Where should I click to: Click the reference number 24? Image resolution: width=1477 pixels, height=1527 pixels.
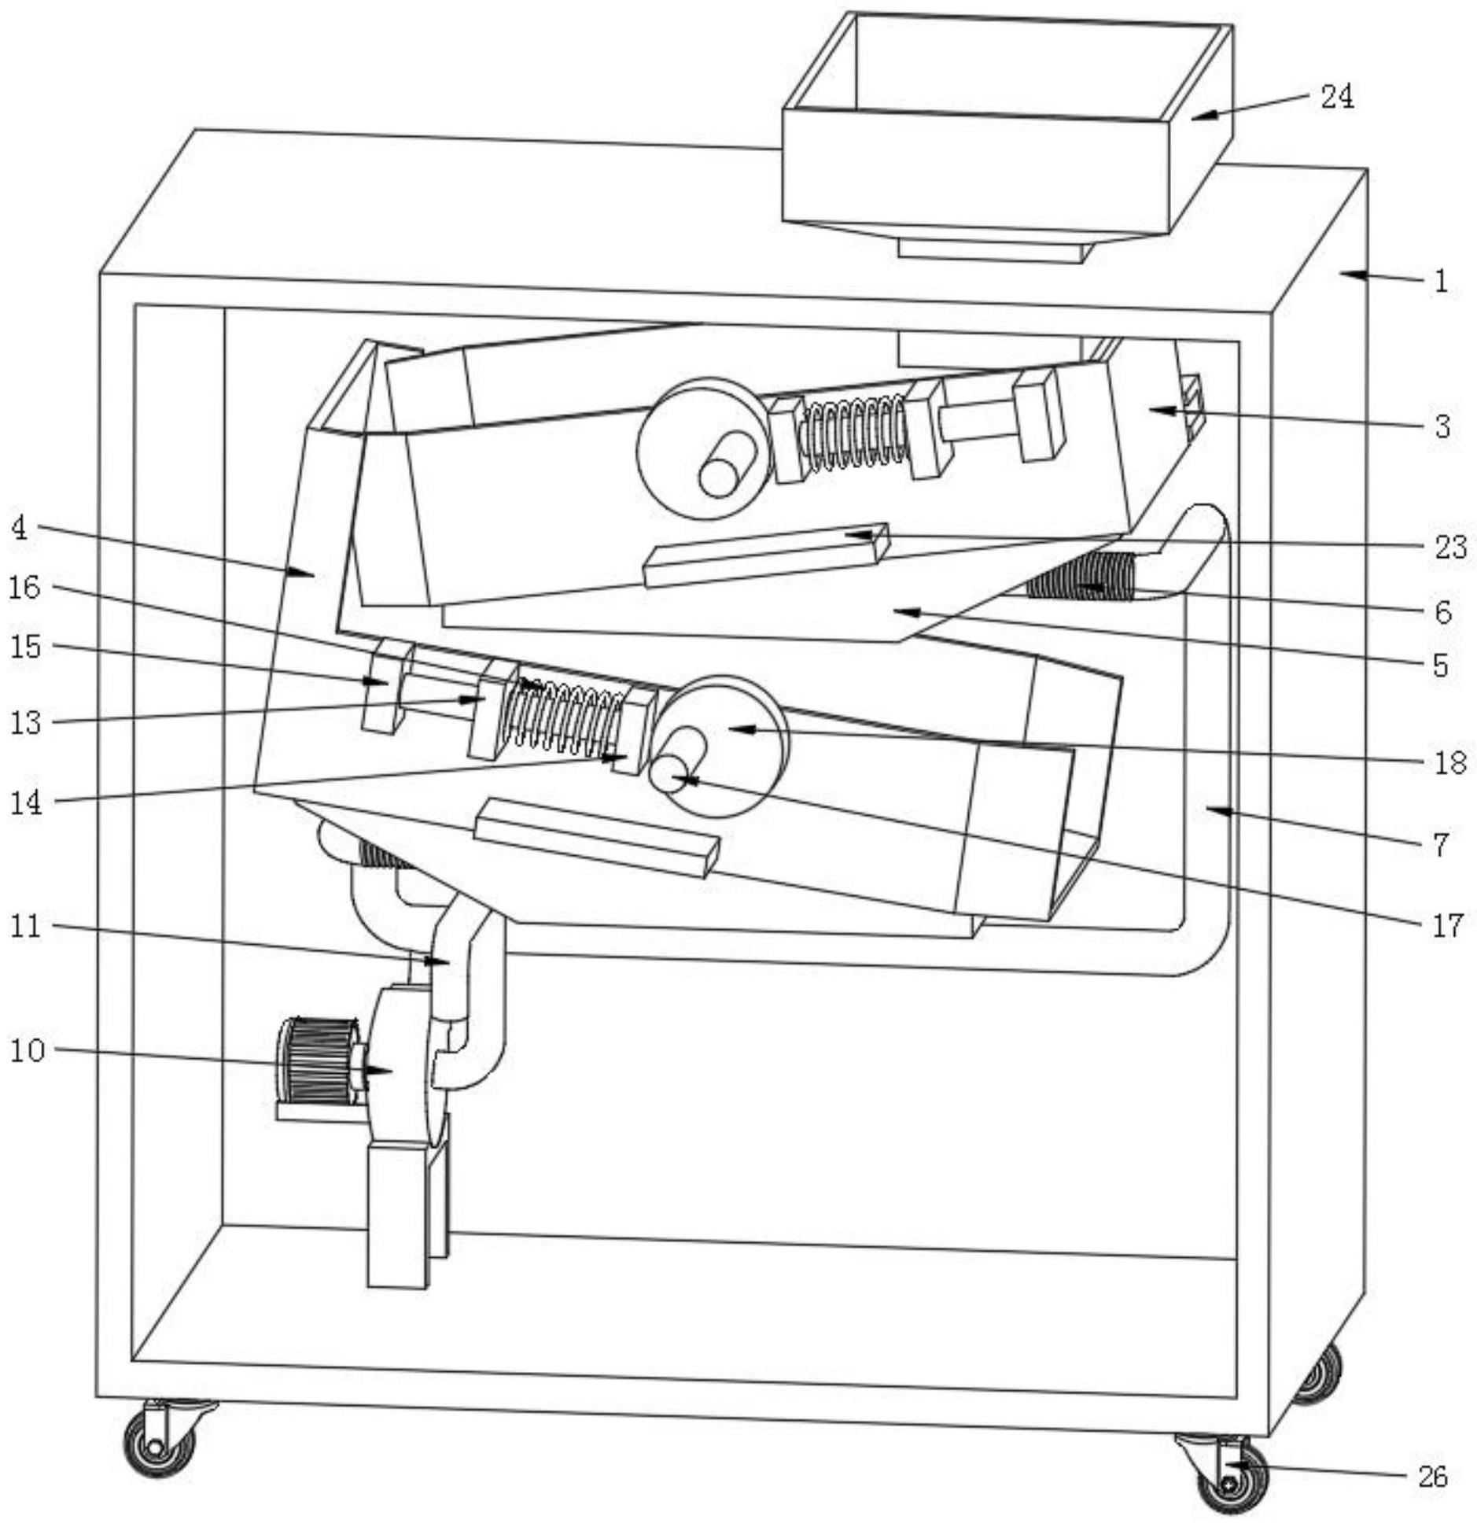(x=1336, y=97)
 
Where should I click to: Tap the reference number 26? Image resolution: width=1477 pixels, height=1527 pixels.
(x=1432, y=1477)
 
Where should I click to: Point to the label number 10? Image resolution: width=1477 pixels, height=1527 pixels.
(x=28, y=1050)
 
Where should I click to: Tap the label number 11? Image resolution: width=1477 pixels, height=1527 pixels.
(x=26, y=926)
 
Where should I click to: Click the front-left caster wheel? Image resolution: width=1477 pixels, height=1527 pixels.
(x=160, y=1444)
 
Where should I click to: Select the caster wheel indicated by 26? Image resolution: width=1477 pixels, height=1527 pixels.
(x=1232, y=1481)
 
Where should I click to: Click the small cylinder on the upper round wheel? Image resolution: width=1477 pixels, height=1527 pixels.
(x=726, y=465)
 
